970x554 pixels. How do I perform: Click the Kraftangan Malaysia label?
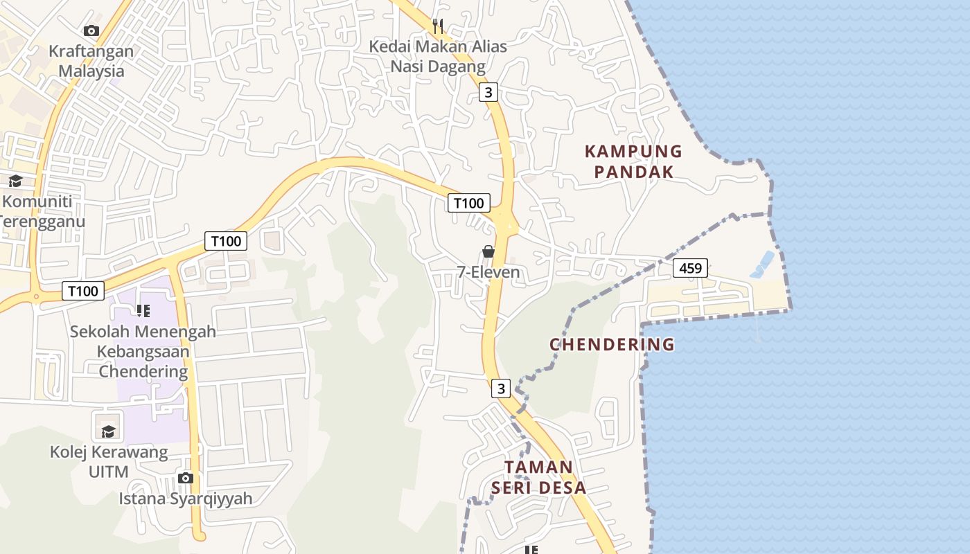coord(91,61)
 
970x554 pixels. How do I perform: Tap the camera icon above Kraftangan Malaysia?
coord(91,30)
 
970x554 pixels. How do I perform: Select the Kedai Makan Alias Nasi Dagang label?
coord(438,57)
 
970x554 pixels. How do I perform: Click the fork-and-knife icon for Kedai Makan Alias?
coord(437,26)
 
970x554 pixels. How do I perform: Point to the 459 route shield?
coord(690,268)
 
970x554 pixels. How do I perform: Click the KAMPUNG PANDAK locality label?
coord(633,161)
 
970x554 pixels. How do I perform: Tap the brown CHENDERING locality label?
coord(612,344)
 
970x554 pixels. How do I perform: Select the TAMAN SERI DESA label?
coord(538,477)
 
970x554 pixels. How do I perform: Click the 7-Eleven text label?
coord(488,272)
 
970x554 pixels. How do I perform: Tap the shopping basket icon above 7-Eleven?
coord(488,251)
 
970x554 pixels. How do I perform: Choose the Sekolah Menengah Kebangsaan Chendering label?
coord(143,351)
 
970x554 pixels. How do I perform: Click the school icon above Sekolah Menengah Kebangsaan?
coord(143,311)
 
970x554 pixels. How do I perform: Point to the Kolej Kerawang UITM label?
coord(109,462)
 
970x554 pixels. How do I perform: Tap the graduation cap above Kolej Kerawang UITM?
coord(109,432)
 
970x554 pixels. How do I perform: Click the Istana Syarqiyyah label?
coord(185,499)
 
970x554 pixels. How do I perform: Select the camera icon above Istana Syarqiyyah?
coord(185,478)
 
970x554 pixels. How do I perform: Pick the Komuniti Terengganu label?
coord(40,211)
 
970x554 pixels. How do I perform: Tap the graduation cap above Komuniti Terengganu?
coord(15,181)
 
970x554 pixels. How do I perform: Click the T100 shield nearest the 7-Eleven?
coord(468,203)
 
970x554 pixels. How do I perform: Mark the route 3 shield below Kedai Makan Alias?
coord(489,92)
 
